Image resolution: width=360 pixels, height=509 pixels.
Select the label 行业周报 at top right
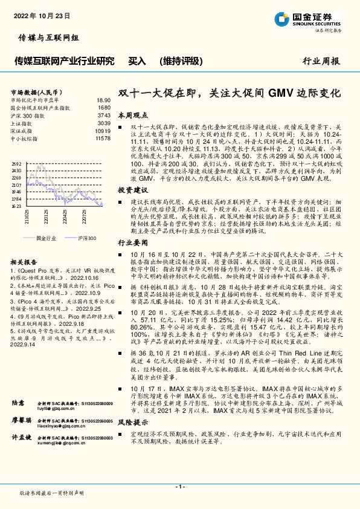pos(321,61)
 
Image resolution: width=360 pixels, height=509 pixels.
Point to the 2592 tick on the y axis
pos(16,164)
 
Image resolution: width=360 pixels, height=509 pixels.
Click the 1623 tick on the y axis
pos(16,206)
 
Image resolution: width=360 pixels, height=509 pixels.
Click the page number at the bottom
pos(179,487)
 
